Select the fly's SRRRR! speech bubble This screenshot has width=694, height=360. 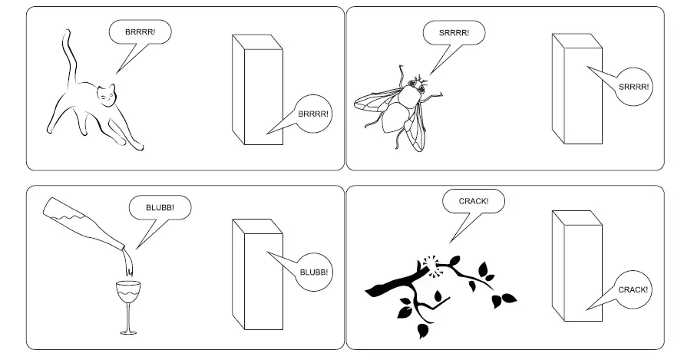click(446, 33)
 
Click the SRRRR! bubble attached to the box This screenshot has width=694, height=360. click(633, 87)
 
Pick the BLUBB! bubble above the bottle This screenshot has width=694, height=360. click(160, 207)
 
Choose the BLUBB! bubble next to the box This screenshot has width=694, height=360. click(313, 272)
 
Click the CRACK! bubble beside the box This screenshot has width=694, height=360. click(633, 289)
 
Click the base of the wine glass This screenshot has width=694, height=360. click(127, 332)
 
